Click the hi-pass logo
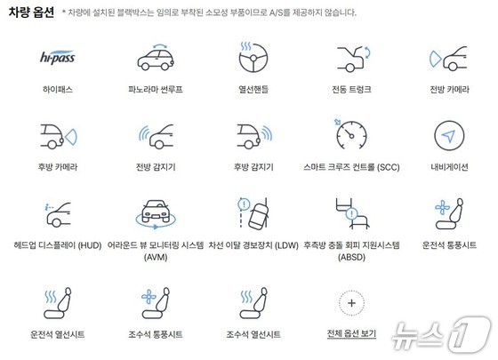pos(58,58)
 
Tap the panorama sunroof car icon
pos(156,58)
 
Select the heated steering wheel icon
pos(253,57)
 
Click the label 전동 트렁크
pos(351,89)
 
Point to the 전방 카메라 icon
pos(448,59)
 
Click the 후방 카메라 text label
pos(58,167)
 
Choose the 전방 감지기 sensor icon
pos(156,137)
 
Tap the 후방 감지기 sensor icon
pos(254,137)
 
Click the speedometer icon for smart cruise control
pos(351,134)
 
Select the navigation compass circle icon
pos(449,135)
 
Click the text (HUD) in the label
pos(90,245)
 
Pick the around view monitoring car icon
pos(156,214)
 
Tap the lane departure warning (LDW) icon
pos(253,212)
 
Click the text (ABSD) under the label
pos(351,257)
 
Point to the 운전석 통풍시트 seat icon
pos(449,213)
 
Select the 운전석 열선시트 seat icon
pos(58,303)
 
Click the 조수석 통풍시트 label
pos(156,334)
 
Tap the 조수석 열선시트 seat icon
pos(253,303)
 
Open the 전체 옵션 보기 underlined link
pos(351,333)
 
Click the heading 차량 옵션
pos(31,12)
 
